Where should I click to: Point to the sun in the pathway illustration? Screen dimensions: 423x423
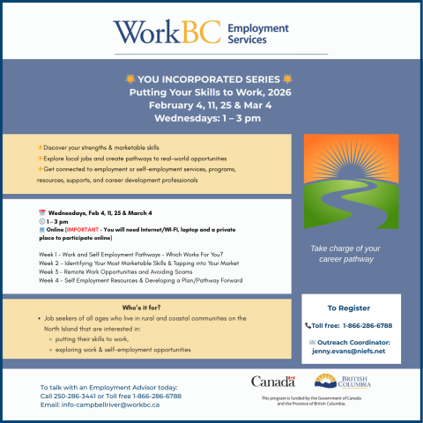tap(350, 163)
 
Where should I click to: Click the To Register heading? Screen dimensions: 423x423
tap(350, 308)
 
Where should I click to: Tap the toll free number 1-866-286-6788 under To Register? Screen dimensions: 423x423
tap(361, 325)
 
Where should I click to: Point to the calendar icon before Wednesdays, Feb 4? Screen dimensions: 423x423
tap(42, 213)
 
